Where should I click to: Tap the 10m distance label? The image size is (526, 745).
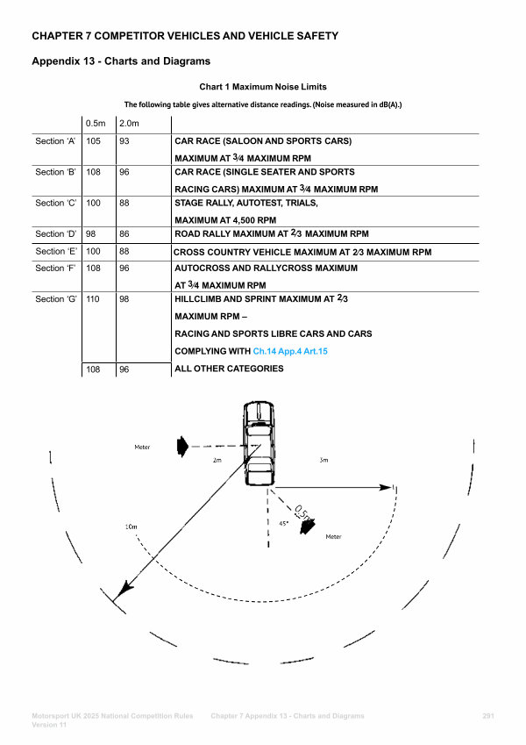click(x=131, y=527)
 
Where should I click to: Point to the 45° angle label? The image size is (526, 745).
click(x=282, y=523)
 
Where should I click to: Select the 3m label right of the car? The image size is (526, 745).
click(x=323, y=460)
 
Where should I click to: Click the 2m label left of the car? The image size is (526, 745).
click(x=217, y=460)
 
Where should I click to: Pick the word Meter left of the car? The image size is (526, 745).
click(x=142, y=448)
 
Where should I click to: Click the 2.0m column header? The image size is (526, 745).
click(x=130, y=122)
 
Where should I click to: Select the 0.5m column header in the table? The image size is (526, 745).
click(x=95, y=122)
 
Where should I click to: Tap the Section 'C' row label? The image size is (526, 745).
click(x=55, y=204)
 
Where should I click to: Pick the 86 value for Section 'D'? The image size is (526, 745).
click(x=124, y=234)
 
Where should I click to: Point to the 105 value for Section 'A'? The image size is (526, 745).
click(x=94, y=141)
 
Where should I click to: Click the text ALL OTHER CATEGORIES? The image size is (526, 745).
click(x=229, y=369)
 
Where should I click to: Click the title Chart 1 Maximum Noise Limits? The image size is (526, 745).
click(x=263, y=87)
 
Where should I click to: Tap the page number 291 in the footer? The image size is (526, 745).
click(x=488, y=717)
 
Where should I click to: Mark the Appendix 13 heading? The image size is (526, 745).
click(x=120, y=61)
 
